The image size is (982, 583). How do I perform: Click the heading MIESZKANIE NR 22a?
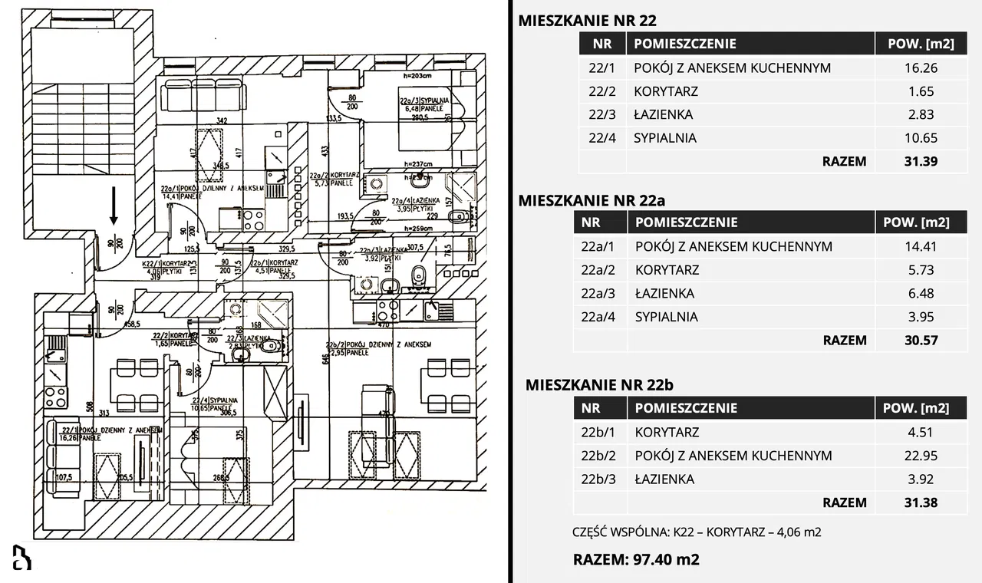point(592,200)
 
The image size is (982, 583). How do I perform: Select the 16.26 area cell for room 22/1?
point(921,68)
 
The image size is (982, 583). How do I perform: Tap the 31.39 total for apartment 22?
point(921,161)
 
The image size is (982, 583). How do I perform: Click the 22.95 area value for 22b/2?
point(921,456)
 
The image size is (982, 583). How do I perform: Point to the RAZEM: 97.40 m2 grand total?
point(636,559)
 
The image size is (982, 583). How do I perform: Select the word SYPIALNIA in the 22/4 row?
point(665,138)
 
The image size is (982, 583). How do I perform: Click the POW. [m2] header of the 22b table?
point(921,408)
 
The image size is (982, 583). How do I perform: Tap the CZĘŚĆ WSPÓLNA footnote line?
point(697,532)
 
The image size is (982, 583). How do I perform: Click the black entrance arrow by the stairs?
point(114,206)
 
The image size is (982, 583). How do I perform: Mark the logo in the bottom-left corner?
point(21,557)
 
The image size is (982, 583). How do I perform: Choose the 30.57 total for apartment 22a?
point(921,340)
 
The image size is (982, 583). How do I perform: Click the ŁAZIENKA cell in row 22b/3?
point(664,479)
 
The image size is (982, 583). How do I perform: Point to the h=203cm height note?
point(410,77)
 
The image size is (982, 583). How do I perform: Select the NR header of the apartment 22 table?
point(602,44)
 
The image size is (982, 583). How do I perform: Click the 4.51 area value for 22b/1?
point(921,432)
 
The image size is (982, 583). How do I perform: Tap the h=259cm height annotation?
point(410,229)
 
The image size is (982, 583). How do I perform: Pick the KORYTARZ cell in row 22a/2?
point(667,270)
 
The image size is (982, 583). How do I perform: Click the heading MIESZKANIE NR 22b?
point(599,385)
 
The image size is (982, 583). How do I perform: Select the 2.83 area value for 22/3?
point(921,114)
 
